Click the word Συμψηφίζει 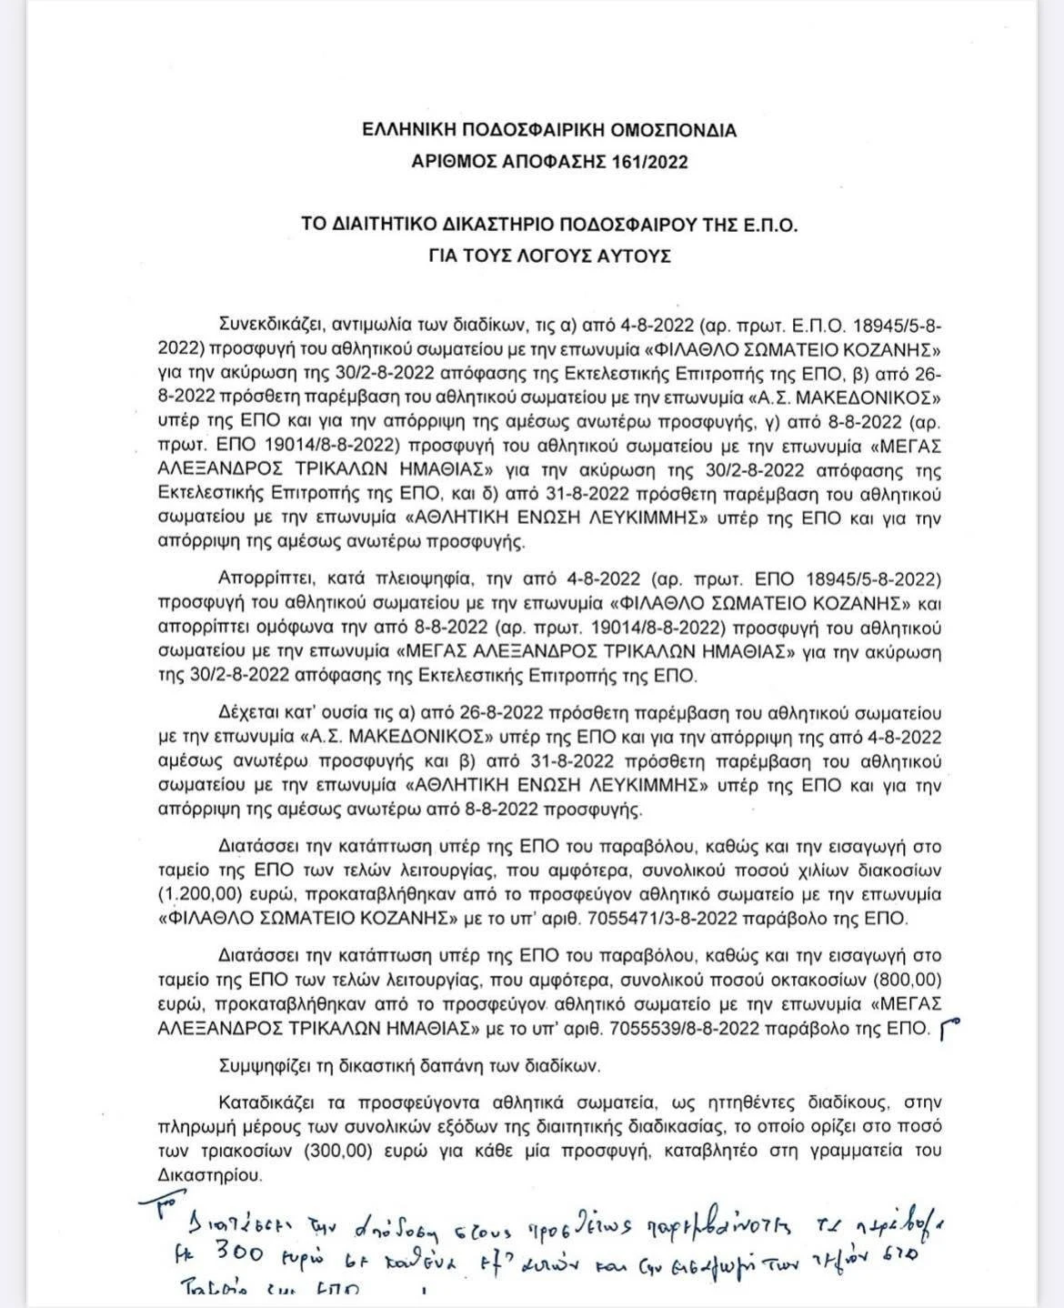pyautogui.click(x=262, y=1066)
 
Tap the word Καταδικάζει pyautogui.click(x=266, y=1102)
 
